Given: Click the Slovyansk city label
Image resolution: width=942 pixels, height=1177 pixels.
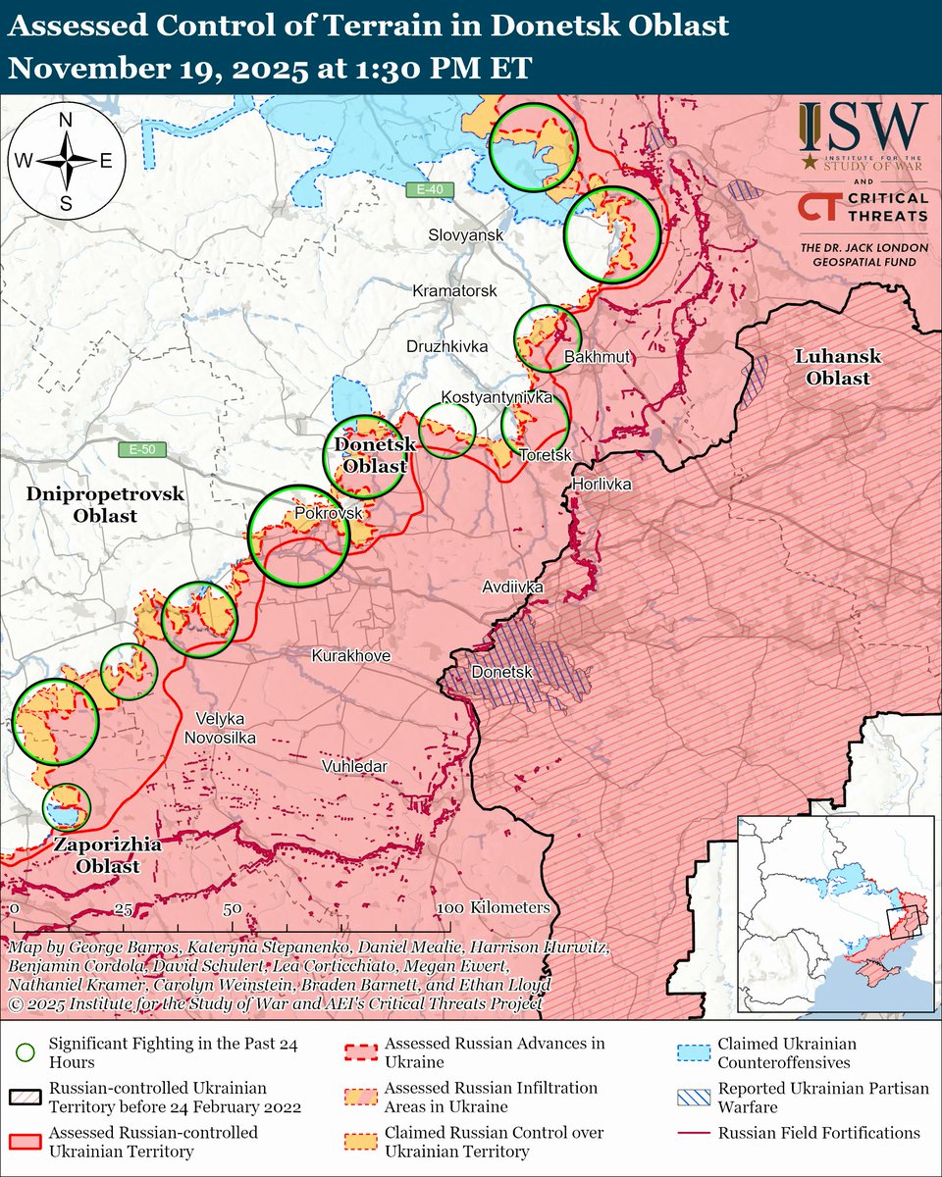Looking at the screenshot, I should pyautogui.click(x=465, y=236).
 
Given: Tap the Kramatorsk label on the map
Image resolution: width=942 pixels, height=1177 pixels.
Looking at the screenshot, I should pyautogui.click(x=454, y=291).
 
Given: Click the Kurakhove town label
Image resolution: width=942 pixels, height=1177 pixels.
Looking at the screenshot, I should pyautogui.click(x=351, y=655).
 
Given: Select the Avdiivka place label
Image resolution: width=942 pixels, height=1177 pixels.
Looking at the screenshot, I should pyautogui.click(x=512, y=587).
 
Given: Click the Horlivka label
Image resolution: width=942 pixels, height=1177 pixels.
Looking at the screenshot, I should pyautogui.click(x=602, y=485).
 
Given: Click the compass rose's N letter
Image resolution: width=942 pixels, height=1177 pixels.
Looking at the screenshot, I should pyautogui.click(x=66, y=121).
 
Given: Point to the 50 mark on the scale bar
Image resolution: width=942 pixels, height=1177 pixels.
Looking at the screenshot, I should pyautogui.click(x=232, y=908).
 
